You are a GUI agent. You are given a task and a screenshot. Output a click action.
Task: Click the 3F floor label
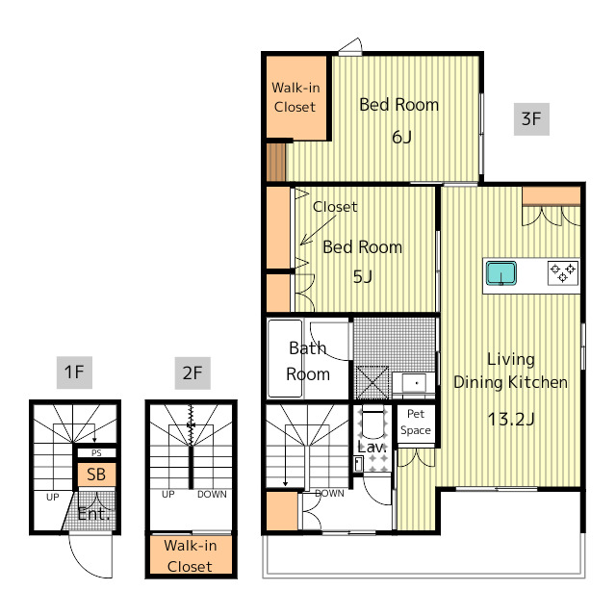[x=531, y=119]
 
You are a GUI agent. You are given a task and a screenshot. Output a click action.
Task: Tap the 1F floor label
[x=74, y=372]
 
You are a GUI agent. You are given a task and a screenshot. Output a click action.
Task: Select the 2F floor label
[x=192, y=372]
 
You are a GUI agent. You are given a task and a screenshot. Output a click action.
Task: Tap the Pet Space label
[x=416, y=422]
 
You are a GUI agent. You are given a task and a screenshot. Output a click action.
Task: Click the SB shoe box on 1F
[x=96, y=475]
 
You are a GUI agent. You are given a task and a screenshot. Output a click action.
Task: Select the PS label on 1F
[x=96, y=453]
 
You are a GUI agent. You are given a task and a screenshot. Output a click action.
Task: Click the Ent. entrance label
[x=93, y=514]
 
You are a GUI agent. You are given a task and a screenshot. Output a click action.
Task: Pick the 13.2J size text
[x=511, y=420]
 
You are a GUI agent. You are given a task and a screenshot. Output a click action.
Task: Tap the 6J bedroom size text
[x=401, y=137]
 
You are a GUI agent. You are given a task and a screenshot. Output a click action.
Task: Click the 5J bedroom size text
[x=362, y=277]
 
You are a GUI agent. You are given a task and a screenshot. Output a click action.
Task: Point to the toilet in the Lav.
[x=372, y=423]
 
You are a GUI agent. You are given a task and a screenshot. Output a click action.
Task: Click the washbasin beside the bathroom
[x=414, y=382]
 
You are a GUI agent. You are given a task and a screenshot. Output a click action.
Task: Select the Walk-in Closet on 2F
[x=191, y=555]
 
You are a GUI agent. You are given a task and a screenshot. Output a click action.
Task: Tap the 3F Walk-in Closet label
[x=295, y=97]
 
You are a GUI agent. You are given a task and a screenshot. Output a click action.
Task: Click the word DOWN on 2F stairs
[x=212, y=494]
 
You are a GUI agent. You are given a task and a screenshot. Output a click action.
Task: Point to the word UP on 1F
[x=53, y=497]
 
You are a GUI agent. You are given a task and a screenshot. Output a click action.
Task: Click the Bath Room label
[x=308, y=361]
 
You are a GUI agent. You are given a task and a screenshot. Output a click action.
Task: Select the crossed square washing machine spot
[x=372, y=383]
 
